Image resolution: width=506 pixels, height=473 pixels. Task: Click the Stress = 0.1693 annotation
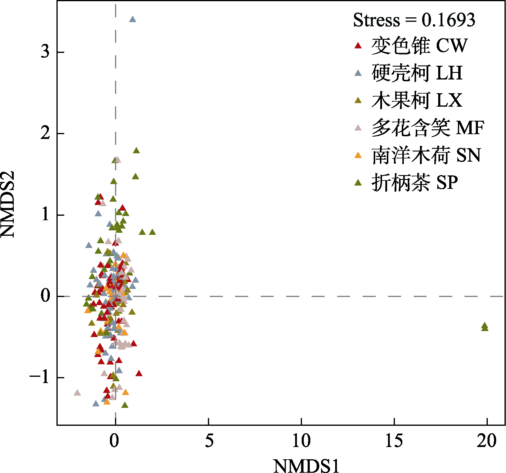[x=414, y=20]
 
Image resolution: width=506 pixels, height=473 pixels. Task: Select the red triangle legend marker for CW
[x=358, y=46]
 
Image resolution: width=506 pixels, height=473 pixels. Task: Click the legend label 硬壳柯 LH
[x=417, y=73]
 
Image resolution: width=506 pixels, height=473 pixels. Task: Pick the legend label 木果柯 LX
[x=417, y=100]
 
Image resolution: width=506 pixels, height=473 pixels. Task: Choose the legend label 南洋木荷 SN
[x=426, y=155]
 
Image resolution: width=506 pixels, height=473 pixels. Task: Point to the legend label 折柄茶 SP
[x=415, y=183]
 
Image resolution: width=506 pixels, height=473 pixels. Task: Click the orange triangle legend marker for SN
[x=358, y=155]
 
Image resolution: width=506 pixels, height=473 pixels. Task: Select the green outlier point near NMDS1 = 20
[x=484, y=327]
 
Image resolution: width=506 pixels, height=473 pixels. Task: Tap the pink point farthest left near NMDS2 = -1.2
[x=77, y=393]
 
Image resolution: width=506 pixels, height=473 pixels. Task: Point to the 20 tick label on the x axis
[x=487, y=441]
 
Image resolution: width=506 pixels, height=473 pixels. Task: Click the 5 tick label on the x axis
[x=209, y=441]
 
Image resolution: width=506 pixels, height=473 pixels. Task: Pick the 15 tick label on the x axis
[x=394, y=441]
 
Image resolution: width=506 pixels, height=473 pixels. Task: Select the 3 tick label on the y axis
[x=45, y=52]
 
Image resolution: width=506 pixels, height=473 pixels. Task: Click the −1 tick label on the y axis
[x=39, y=378]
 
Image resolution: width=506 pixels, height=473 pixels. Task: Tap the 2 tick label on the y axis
[x=45, y=133]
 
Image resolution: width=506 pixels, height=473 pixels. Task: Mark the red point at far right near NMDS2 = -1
[x=139, y=373]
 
